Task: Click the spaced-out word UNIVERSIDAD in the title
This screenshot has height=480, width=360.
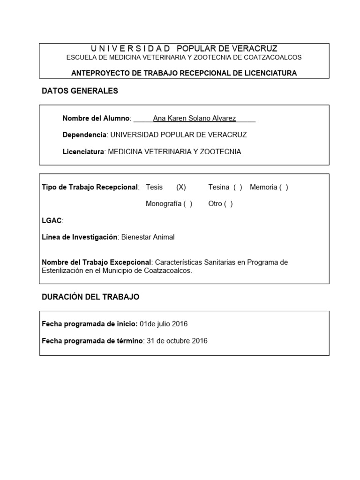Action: [130, 49]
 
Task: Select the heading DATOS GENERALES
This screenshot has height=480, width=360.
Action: [80, 91]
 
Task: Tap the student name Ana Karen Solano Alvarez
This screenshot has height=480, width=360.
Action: [195, 119]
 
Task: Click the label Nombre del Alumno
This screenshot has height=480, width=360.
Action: [97, 119]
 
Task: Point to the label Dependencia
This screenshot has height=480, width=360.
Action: [84, 135]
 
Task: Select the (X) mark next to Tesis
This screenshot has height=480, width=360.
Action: [181, 187]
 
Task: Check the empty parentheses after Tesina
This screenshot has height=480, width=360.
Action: [238, 187]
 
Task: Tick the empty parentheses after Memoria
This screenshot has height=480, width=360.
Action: [284, 187]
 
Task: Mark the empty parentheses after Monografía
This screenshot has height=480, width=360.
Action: [187, 204]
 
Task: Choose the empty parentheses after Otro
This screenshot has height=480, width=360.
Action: [228, 204]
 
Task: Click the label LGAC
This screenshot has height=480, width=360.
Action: [52, 221]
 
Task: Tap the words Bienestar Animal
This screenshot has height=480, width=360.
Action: [148, 237]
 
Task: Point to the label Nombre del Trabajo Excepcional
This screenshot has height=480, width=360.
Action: [97, 262]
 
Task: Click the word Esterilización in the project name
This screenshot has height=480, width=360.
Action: [63, 271]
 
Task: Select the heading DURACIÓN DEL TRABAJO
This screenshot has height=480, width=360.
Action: [90, 297]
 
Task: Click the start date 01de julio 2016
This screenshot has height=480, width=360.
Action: [164, 324]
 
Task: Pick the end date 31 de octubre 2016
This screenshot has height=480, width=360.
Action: [177, 341]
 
